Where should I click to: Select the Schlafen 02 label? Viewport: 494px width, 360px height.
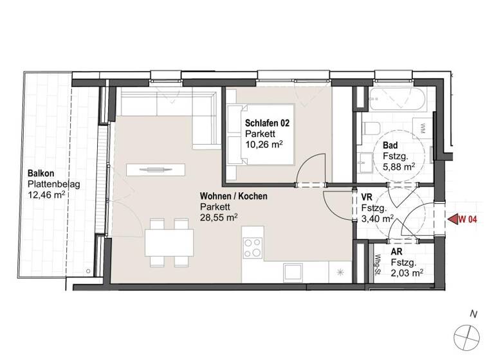click(x=266, y=123)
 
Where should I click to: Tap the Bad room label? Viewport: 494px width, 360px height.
click(x=389, y=146)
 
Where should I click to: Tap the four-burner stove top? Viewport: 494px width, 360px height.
click(x=253, y=246)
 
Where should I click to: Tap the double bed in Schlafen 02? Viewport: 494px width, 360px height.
click(x=261, y=135)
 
